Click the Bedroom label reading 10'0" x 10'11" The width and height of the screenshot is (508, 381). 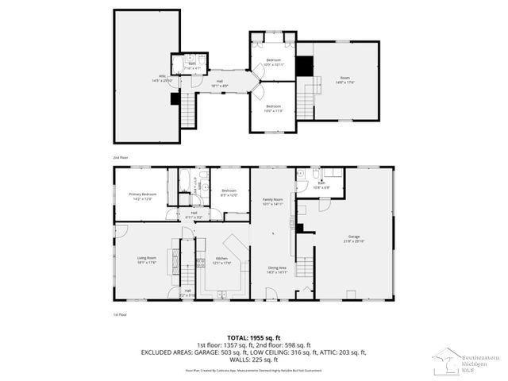pos(274,61)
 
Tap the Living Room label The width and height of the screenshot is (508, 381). pos(146,259)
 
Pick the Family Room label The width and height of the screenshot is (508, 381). pos(273,202)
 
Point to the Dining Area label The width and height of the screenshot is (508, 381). pos(277,269)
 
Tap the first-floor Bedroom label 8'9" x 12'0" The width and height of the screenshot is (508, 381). pos(229,192)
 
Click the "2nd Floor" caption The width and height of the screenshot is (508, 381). pos(120,157)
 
